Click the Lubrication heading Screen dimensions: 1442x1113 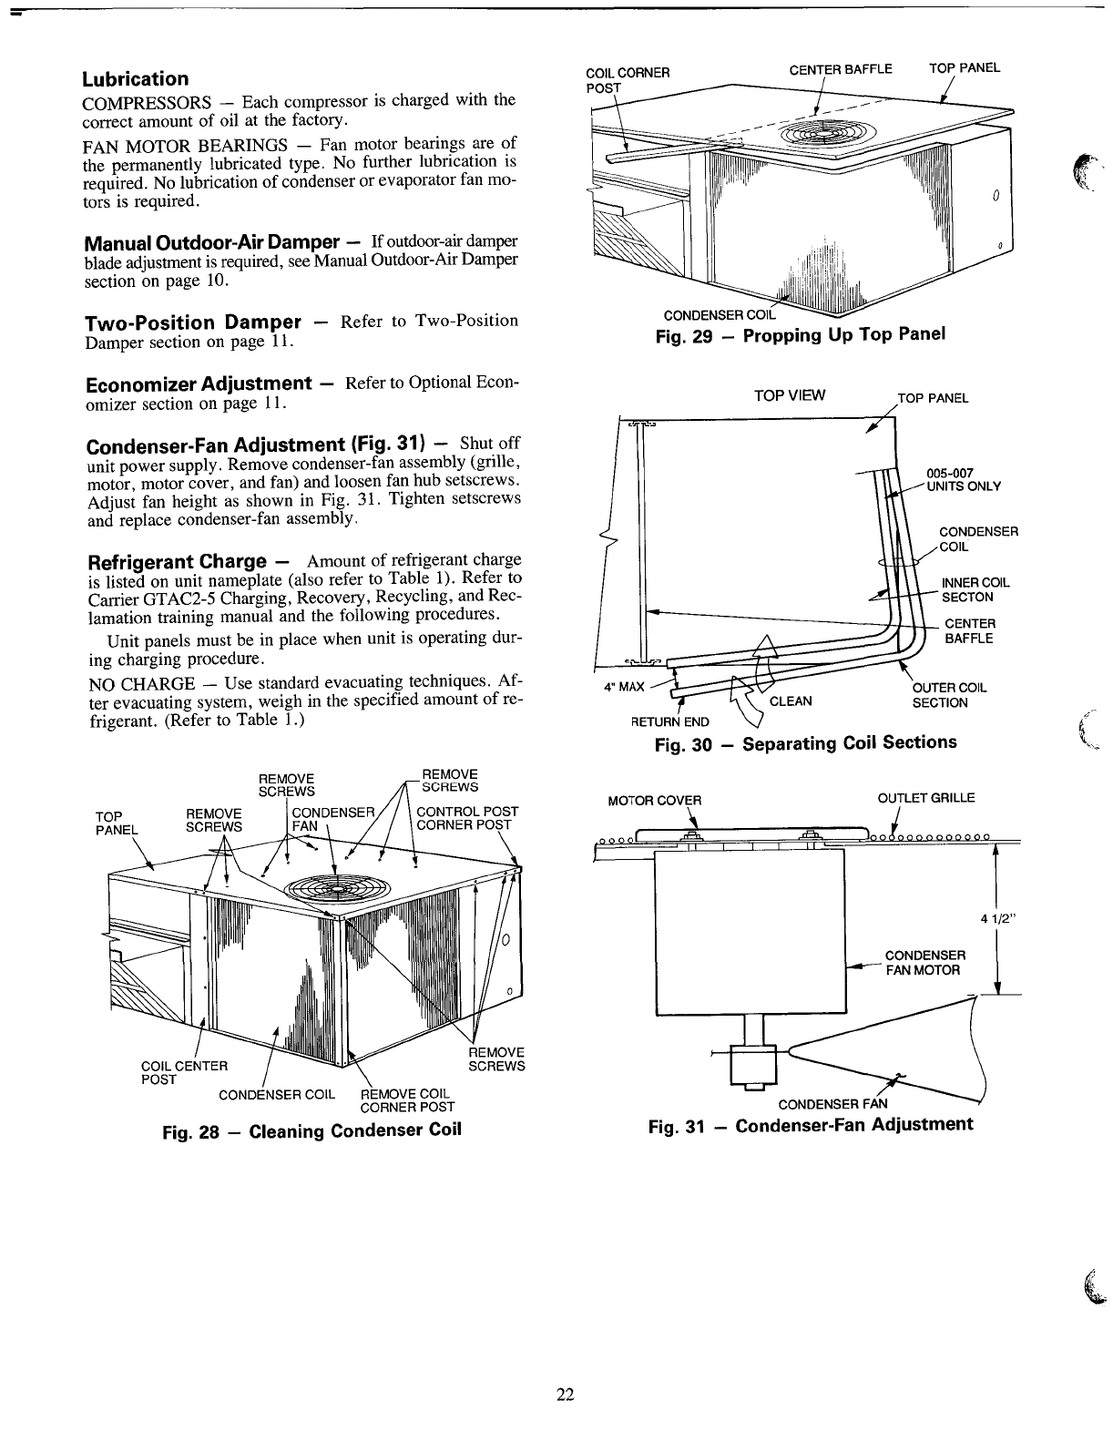(x=136, y=78)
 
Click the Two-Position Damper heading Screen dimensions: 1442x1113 (x=192, y=322)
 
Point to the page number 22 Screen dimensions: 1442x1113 (x=566, y=1394)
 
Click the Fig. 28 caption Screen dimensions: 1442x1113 (x=311, y=1130)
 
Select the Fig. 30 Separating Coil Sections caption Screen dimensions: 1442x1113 (x=806, y=743)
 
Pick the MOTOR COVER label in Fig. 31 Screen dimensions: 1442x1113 (x=654, y=801)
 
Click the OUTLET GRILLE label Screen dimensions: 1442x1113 (x=925, y=798)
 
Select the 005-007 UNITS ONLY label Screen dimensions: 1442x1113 (x=963, y=479)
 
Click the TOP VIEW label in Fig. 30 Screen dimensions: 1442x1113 (x=790, y=395)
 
